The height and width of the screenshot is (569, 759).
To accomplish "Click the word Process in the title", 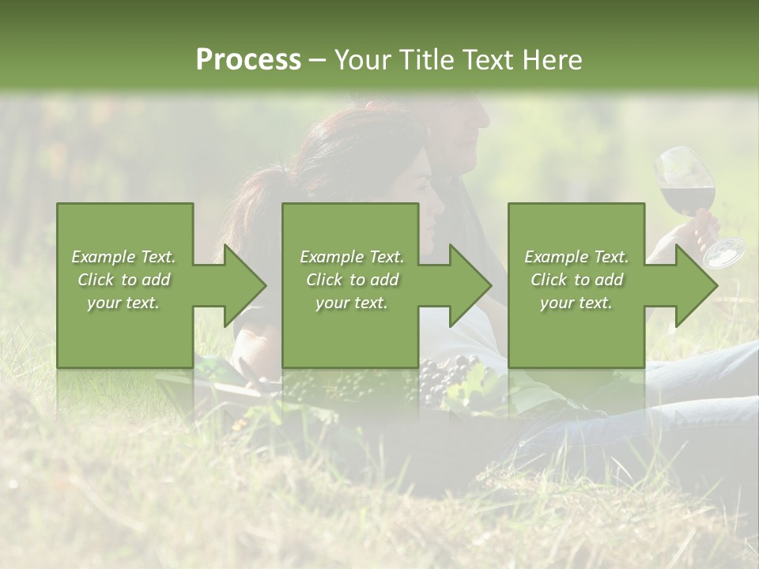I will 248,60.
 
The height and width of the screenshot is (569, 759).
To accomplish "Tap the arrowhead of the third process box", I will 695,285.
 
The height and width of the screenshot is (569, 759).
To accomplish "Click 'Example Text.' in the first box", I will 124,257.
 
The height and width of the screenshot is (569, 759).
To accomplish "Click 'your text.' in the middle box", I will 352,303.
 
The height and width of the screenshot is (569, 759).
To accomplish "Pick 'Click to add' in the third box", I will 576,280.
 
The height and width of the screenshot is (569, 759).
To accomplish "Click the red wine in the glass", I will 687,198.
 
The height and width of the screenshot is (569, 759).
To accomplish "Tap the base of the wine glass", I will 724,252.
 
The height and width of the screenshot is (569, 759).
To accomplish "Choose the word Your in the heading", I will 364,60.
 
